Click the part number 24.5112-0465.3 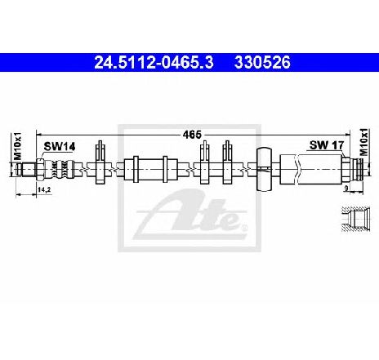pos(154,62)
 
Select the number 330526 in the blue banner pos(262,62)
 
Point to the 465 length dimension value pos(192,135)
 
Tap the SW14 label pos(60,147)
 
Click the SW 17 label pos(327,145)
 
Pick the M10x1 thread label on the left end pos(17,146)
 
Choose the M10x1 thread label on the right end pos(363,142)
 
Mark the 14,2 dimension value pos(44,190)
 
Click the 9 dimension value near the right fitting pos(346,188)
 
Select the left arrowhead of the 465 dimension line pos(38,134)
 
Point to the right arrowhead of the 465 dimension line pos(347,134)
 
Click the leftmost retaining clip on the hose pos(100,162)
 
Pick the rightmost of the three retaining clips pos(227,162)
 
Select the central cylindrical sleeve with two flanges pos(150,169)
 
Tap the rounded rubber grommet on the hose pos(264,169)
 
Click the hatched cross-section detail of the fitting pos(355,219)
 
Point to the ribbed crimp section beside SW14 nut pos(59,169)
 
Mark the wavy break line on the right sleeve pos(297,169)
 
